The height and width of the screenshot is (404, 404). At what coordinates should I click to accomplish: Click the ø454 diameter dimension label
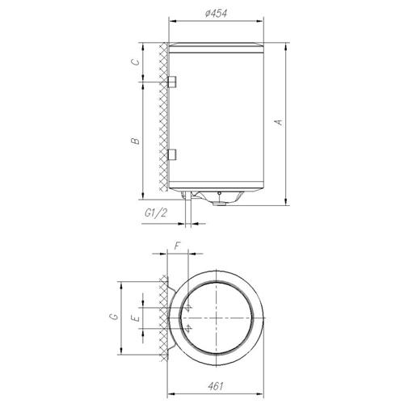coord(216,13)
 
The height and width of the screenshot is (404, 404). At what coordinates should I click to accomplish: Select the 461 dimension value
coord(216,386)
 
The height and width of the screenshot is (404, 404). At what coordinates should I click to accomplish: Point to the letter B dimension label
coord(136,141)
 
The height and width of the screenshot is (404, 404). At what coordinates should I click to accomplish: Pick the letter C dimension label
coord(136,61)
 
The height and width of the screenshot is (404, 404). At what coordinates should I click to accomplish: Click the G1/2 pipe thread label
coord(156,213)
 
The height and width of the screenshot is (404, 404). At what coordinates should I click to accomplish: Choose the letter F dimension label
coord(177,246)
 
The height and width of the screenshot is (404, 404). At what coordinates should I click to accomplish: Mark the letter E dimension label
coord(136,318)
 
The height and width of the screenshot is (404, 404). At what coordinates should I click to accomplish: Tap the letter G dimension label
coord(114,316)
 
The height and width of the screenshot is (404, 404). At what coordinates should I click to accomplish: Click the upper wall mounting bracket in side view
coord(172,82)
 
